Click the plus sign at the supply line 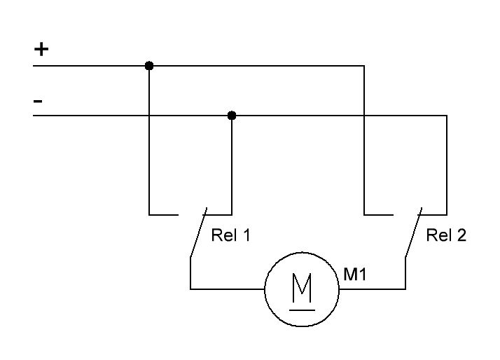tap(42, 50)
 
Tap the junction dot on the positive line tap(149, 66)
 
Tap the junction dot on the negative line tap(232, 115)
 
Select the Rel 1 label tap(230, 235)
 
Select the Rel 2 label tap(446, 235)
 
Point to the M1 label tap(355, 274)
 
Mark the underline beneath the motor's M tap(302, 307)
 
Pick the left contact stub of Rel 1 tap(164, 214)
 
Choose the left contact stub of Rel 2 tap(379, 214)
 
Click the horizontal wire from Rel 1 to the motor tap(227, 289)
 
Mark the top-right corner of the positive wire tap(364, 66)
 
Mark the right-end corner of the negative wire tap(447, 115)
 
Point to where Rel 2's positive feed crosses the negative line tap(364, 115)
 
